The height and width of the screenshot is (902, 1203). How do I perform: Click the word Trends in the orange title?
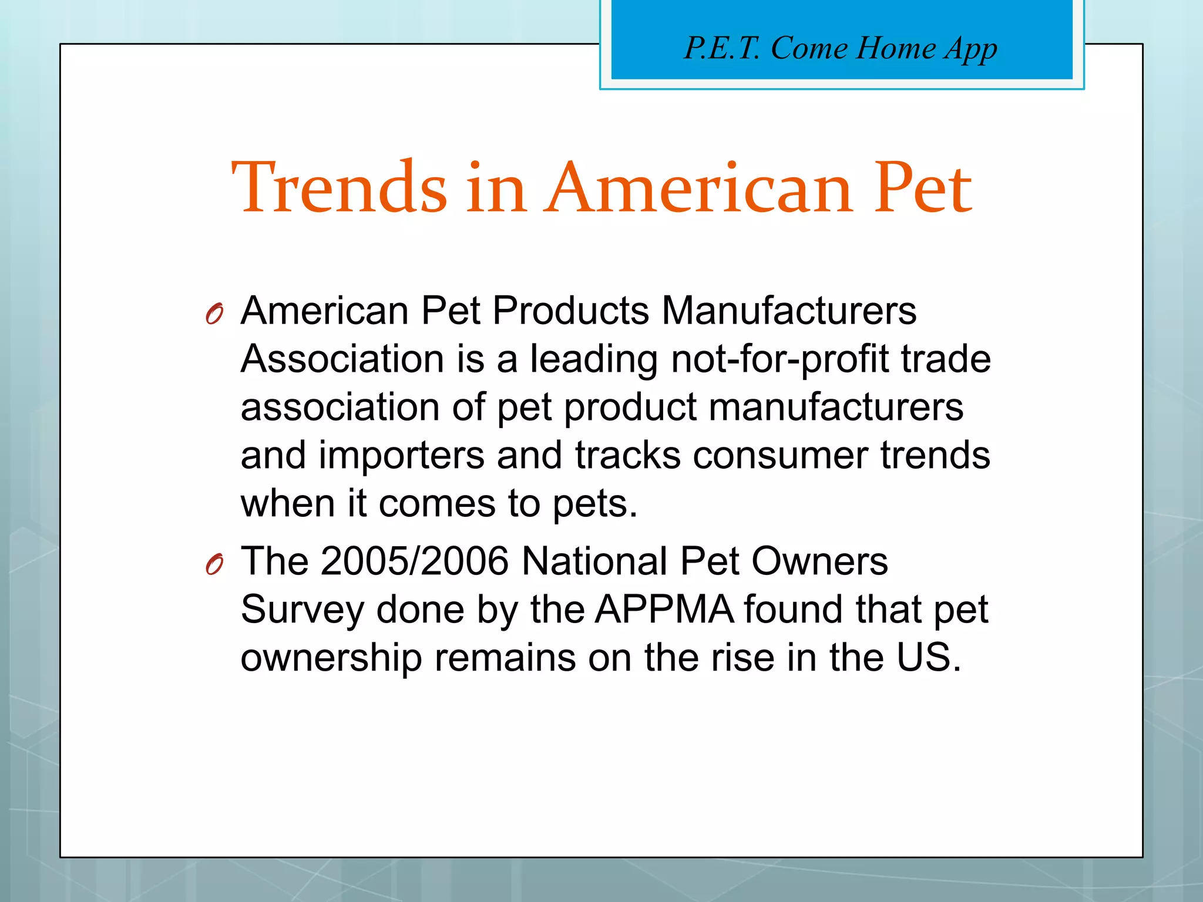pyautogui.click(x=340, y=188)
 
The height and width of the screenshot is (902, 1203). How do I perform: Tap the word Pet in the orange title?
pyautogui.click(x=922, y=188)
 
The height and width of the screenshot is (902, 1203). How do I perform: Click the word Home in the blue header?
pyautogui.click(x=895, y=48)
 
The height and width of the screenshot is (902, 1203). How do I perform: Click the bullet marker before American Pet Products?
pyautogui.click(x=214, y=314)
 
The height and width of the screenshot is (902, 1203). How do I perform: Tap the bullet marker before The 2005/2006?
pyautogui.click(x=214, y=565)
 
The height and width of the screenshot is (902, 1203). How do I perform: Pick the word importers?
pyautogui.click(x=401, y=455)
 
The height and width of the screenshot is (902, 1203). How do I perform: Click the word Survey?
pyautogui.click(x=303, y=610)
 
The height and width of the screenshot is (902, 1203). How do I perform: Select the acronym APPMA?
pyautogui.click(x=664, y=609)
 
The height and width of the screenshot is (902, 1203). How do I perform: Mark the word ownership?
pyautogui.click(x=331, y=658)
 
